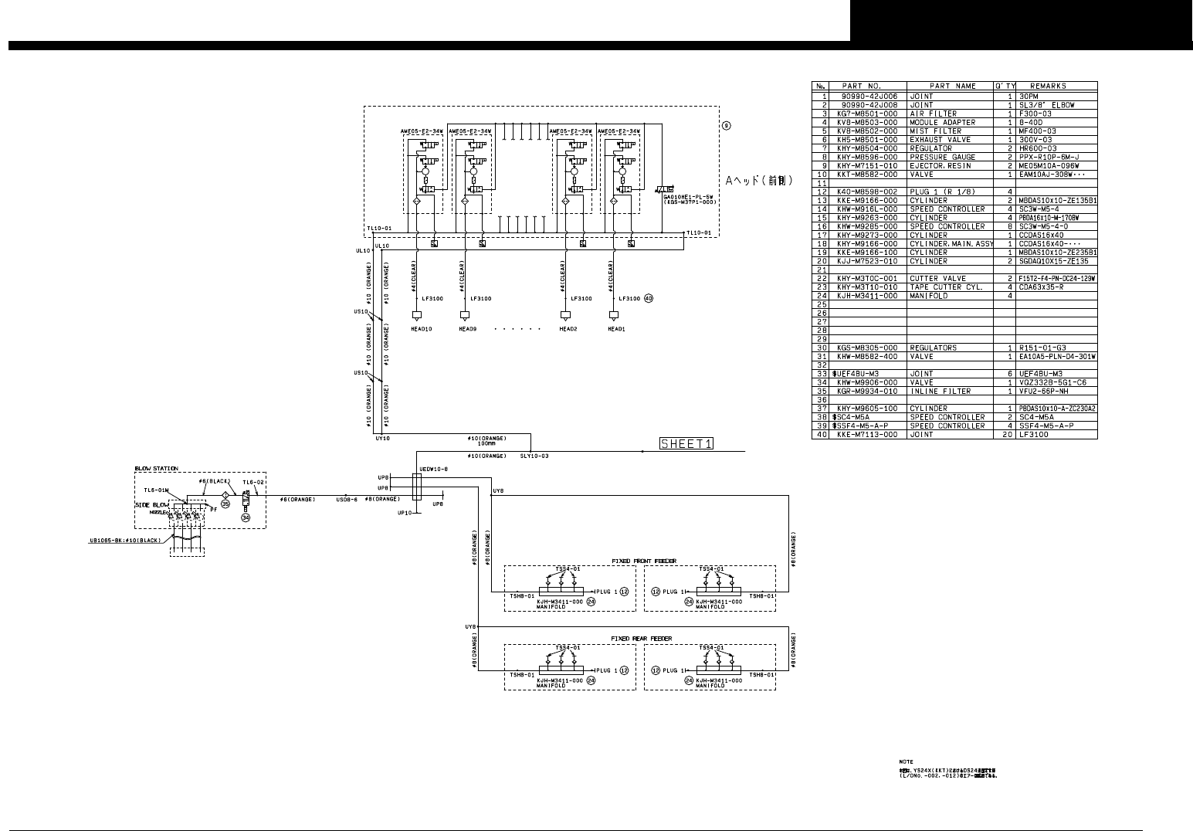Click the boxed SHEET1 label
click(686, 443)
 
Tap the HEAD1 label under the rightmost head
click(616, 329)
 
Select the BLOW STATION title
click(156, 469)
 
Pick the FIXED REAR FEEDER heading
click(635, 639)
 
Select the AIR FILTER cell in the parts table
click(931, 114)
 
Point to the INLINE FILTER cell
click(940, 392)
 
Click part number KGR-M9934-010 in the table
click(867, 392)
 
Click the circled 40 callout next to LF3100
click(649, 299)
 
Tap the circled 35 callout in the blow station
click(225, 504)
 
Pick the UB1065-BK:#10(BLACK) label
click(125, 541)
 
